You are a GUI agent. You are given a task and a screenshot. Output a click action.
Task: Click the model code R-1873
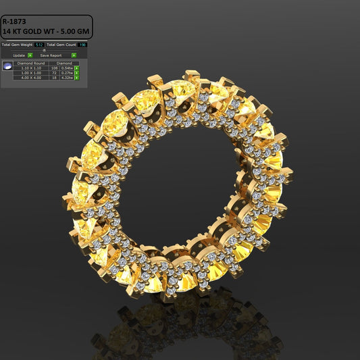click(14, 21)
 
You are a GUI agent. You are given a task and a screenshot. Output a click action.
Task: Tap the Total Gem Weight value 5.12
click(39, 45)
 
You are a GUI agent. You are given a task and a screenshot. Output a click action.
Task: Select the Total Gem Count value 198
click(82, 45)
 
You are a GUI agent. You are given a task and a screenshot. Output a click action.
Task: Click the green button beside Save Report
click(74, 55)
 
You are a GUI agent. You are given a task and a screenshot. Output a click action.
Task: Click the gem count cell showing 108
click(54, 68)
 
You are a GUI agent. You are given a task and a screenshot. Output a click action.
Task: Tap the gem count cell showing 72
click(55, 73)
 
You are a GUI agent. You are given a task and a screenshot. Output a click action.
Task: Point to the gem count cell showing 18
click(55, 78)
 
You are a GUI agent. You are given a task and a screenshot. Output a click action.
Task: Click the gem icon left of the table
click(7, 66)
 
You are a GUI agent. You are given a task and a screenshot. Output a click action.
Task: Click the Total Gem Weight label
click(18, 45)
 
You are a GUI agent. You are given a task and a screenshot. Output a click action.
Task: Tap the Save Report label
click(51, 55)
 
